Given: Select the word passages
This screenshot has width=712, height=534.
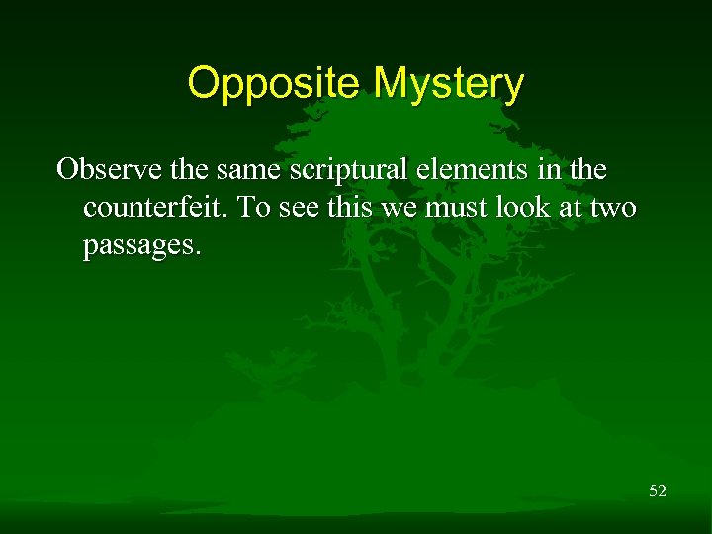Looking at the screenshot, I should coord(141,247).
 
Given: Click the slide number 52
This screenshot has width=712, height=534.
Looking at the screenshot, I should coord(657,489).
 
